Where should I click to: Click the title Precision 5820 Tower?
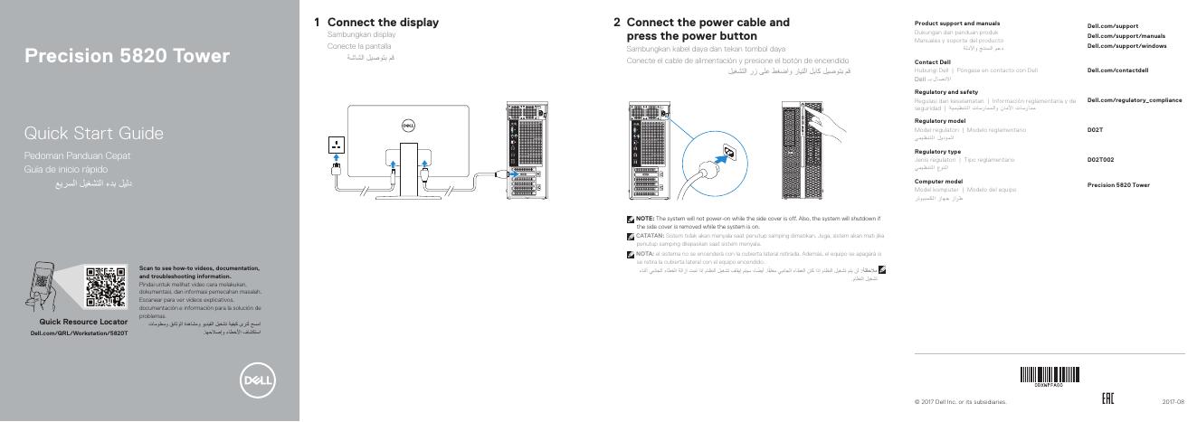click(128, 57)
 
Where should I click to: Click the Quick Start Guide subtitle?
click(94, 134)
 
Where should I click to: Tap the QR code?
click(106, 286)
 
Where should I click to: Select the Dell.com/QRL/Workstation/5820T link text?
click(80, 333)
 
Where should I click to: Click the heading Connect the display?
click(383, 22)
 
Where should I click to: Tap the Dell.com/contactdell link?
click(1117, 70)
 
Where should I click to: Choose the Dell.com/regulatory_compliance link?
click(1134, 100)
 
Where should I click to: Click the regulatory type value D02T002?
click(1100, 160)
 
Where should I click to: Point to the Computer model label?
click(938, 182)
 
